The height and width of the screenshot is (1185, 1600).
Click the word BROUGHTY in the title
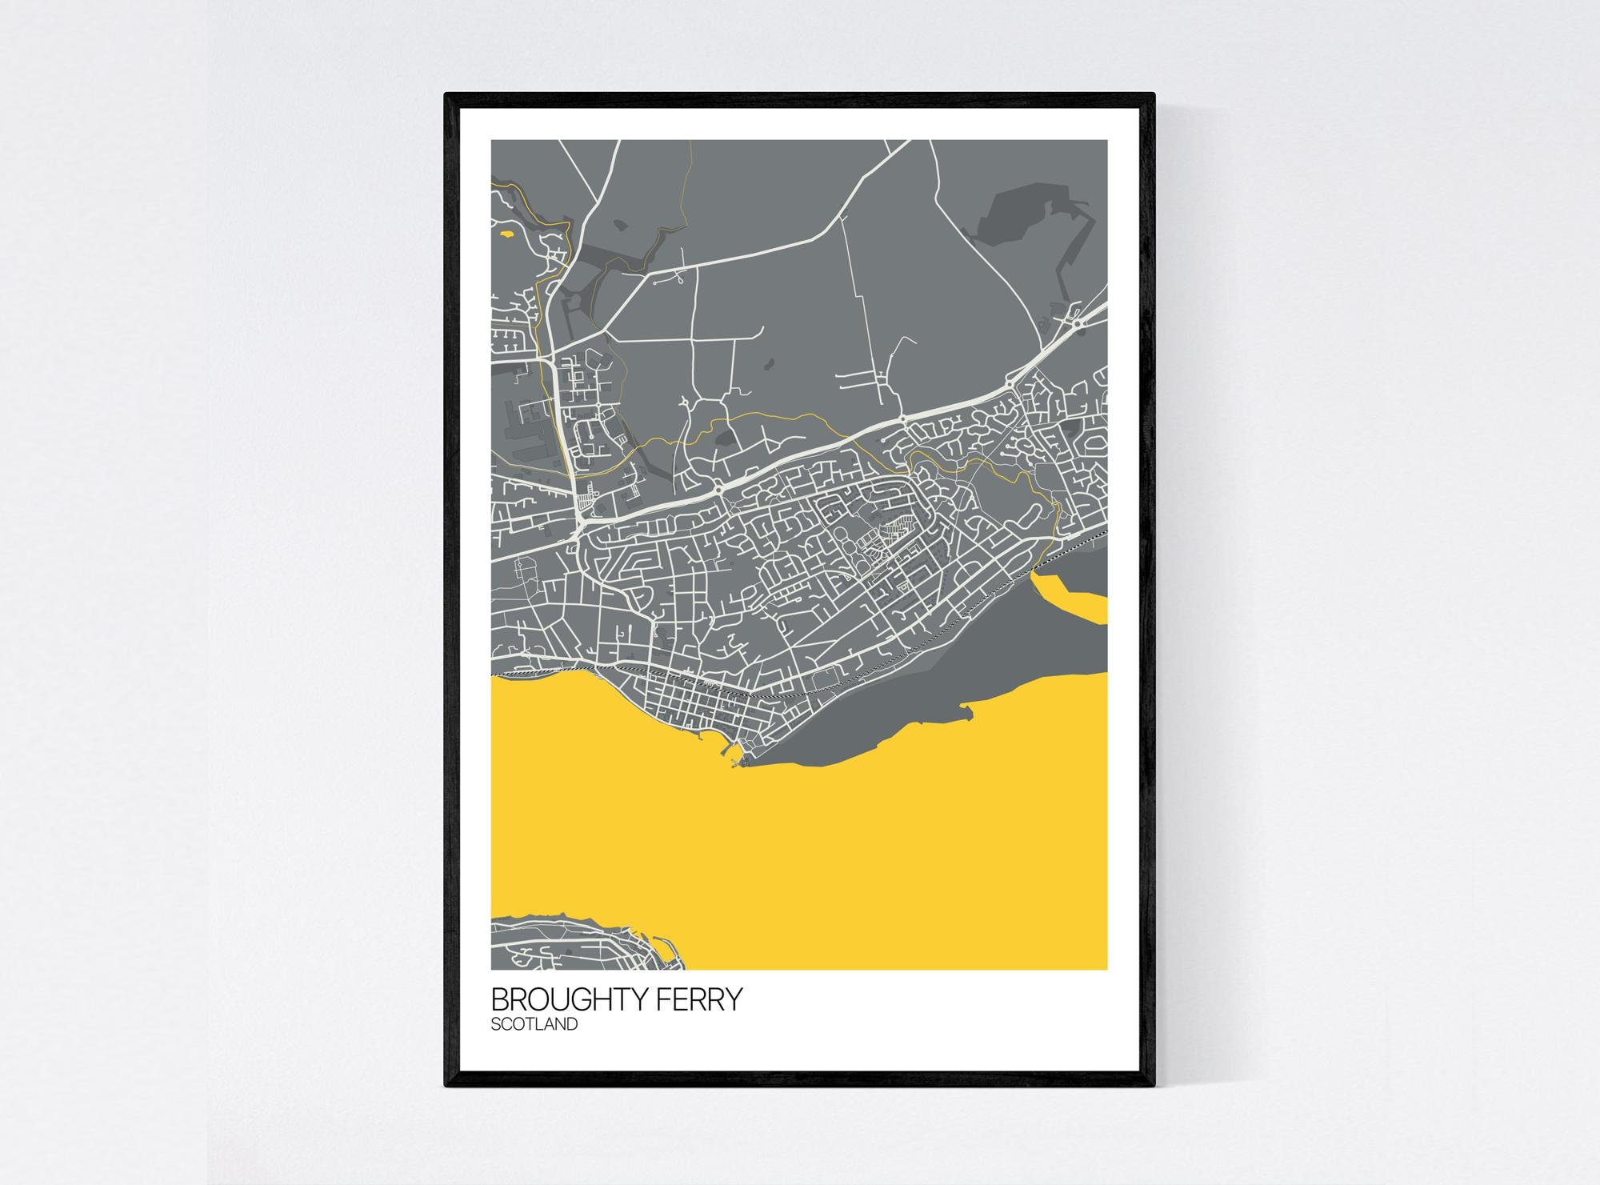click(570, 999)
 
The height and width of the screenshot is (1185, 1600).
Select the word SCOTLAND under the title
click(534, 1024)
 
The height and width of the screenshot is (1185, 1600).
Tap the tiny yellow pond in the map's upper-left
click(506, 234)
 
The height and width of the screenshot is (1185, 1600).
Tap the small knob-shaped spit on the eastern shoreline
click(968, 709)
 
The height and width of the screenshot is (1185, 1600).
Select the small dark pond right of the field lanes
click(769, 364)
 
